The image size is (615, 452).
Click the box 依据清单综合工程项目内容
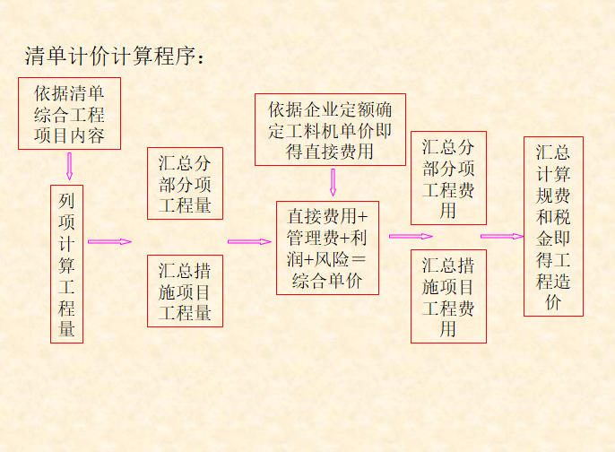tap(69, 114)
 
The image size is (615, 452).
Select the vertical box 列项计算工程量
tap(67, 264)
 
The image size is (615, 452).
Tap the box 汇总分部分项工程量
tap(186, 184)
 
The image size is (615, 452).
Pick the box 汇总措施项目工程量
tap(186, 291)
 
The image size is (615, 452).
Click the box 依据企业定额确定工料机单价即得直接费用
tap(330, 130)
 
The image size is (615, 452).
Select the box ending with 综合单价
tap(327, 248)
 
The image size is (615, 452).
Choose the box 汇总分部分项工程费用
tap(448, 178)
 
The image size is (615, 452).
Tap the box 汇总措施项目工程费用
tap(448, 297)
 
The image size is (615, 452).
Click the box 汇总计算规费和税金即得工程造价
tap(553, 226)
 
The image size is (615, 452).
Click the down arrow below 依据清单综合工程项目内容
tap(69, 165)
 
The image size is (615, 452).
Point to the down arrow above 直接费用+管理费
tap(333, 182)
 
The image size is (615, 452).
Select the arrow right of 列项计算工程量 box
tap(109, 241)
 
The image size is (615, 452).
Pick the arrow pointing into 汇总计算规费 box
tap(501, 237)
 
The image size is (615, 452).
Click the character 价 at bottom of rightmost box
tap(553, 302)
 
